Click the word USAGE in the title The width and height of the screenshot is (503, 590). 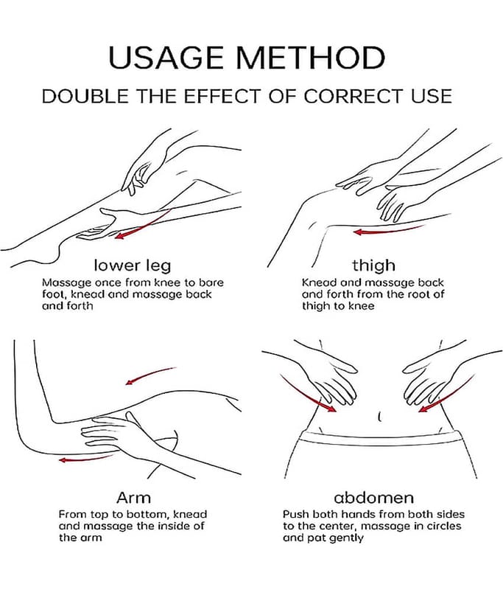pos(166,58)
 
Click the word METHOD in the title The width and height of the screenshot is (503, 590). pos(311,58)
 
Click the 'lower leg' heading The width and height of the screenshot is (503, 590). pos(133,265)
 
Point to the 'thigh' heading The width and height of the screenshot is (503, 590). pos(373,265)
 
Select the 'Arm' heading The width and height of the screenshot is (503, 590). pos(133,497)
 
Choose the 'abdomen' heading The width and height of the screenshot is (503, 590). pos(373,497)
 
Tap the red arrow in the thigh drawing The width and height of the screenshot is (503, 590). pos(389,230)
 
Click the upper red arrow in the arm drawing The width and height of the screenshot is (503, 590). pos(150,375)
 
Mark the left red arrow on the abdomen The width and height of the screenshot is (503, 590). pos(306,396)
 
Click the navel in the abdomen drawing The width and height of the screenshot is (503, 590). pos(379,417)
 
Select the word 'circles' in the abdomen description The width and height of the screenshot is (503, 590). pos(441,526)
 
